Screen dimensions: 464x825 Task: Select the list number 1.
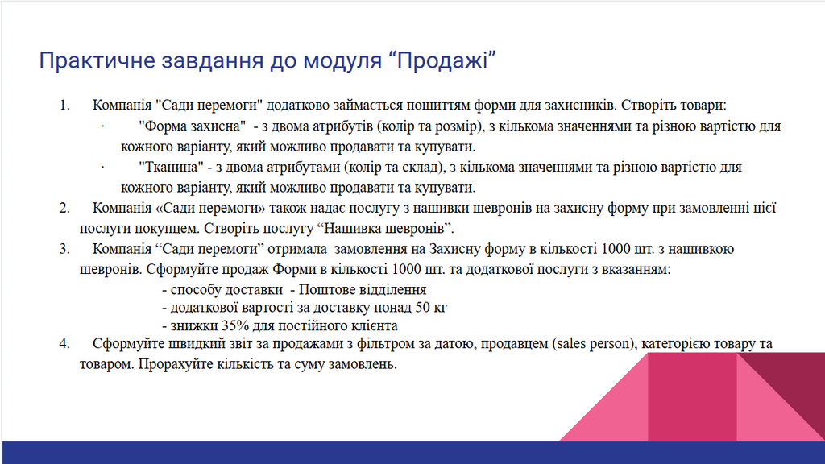64,106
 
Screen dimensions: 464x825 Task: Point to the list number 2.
64,208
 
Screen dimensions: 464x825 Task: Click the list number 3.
64,248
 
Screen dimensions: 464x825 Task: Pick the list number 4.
64,344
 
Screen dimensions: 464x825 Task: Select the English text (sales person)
595,344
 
